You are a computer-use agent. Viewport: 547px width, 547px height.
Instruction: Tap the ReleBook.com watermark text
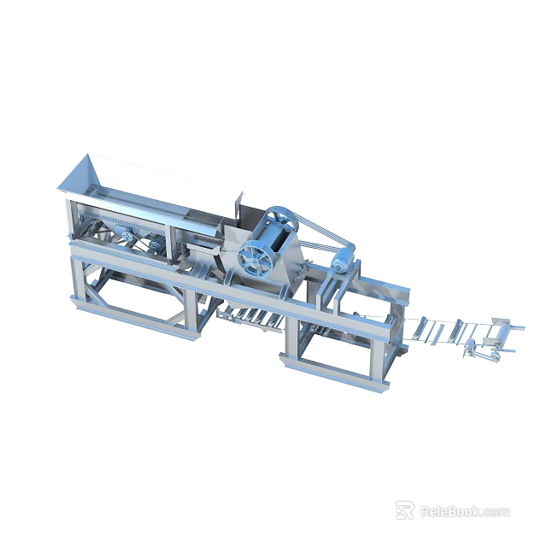464,512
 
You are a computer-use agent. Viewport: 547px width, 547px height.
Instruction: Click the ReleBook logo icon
404,511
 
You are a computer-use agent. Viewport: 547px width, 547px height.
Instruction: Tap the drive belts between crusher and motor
316,235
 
